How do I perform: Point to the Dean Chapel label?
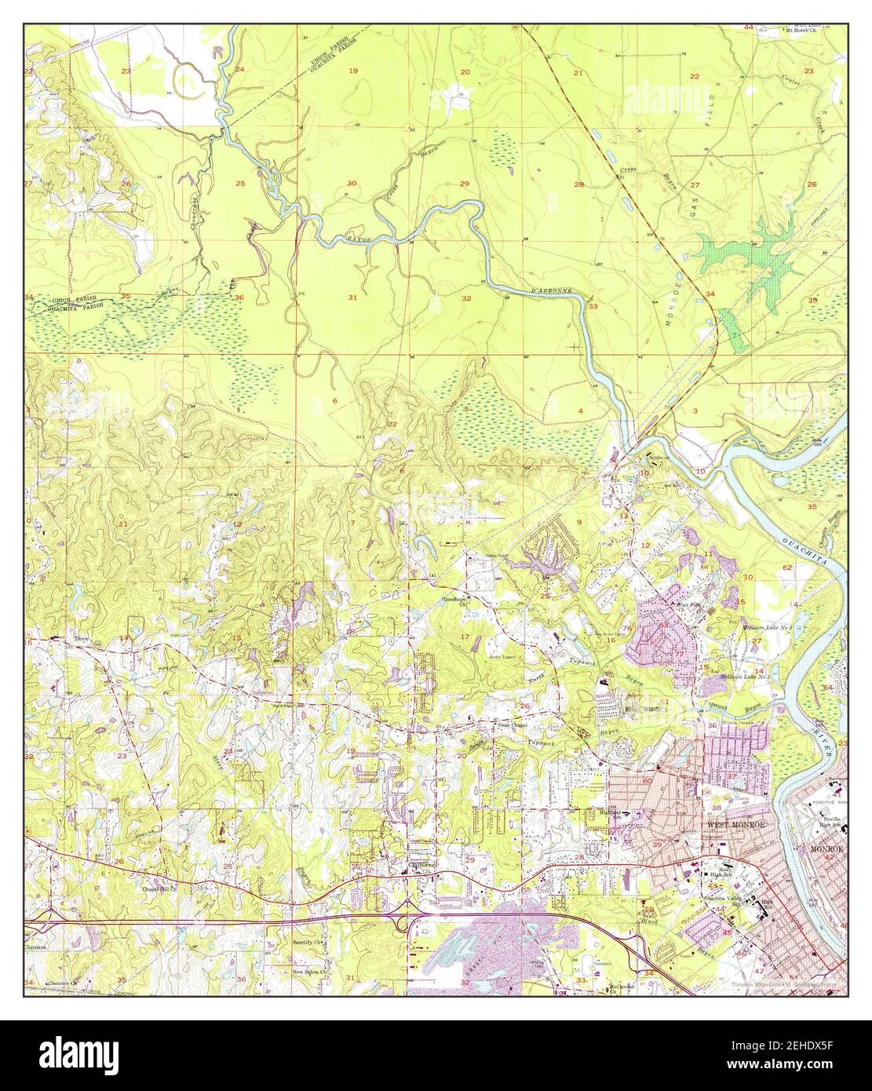(x=514, y=725)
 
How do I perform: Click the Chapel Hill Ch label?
(x=160, y=890)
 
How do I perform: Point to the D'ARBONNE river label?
(x=554, y=293)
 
